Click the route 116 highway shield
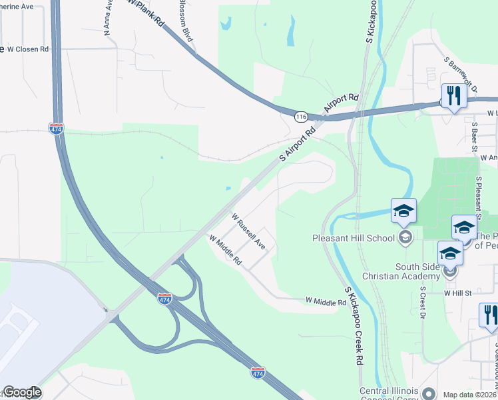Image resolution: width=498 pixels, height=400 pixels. tap(302, 117)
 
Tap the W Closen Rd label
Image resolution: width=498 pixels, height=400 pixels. tap(27, 49)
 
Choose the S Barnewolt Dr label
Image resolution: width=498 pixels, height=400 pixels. tap(461, 73)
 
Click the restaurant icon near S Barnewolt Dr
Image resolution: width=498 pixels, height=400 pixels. tap(453, 96)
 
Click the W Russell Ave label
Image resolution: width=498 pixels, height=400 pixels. tap(248, 231)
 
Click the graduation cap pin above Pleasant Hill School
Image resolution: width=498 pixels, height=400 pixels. tap(403, 211)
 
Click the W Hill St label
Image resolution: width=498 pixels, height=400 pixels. tap(457, 292)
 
